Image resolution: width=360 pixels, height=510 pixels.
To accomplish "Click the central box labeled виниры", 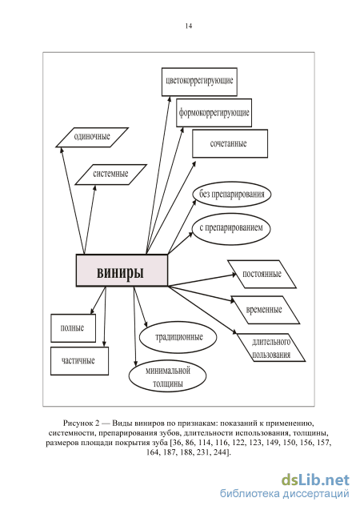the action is pos(122,271).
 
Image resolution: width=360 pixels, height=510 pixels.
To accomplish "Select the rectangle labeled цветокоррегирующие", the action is pos(199,82).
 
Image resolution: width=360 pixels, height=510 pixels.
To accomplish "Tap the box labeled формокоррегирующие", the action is pos(214,113).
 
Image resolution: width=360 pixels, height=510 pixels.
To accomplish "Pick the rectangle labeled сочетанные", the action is pos(230,143).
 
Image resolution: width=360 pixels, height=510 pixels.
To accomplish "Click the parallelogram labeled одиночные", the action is pos(92,137).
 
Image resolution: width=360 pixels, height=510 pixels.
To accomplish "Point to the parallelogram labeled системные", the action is pos(110,175).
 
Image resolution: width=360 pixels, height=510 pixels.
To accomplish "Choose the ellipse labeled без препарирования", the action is pos(231,195).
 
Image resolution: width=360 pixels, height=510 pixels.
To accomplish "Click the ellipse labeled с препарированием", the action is pos(231,228).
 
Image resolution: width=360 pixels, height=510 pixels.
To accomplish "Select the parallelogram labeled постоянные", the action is pos(262,274).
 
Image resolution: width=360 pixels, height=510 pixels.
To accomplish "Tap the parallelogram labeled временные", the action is pos(265,310).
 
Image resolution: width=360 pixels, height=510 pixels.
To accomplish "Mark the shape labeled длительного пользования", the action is pos(271,347).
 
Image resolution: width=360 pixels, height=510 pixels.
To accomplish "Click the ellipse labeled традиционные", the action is pos(178,337).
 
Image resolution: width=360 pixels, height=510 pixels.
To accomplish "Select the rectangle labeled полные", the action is pos(73,328).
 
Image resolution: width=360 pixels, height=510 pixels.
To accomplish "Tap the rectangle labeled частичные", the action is pos(79,361).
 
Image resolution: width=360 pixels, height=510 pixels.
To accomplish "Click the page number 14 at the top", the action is pos(189,26).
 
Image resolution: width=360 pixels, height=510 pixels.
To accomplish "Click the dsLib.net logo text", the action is pos(315,480).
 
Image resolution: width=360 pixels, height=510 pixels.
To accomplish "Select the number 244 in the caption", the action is pos(222,452).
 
